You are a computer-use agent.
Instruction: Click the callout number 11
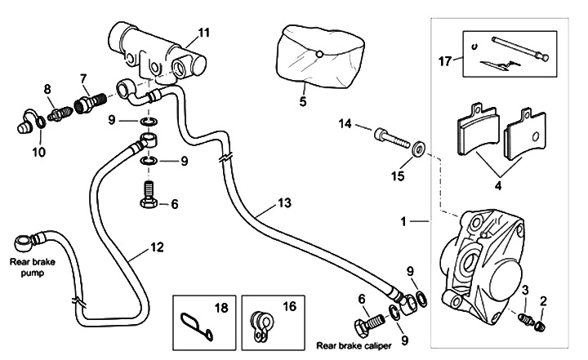pyautogui.click(x=204, y=33)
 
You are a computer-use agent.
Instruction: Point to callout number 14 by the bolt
pyautogui.click(x=345, y=123)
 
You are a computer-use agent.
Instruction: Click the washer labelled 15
pyautogui.click(x=417, y=149)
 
